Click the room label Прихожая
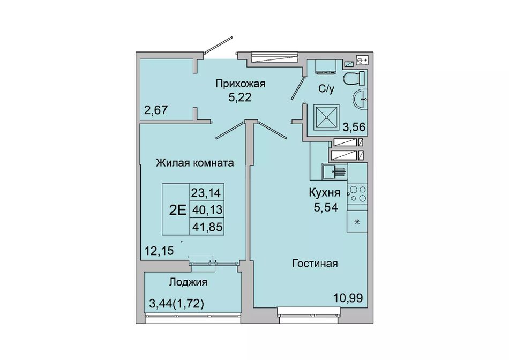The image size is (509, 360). [240, 84]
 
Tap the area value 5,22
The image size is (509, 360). [240, 97]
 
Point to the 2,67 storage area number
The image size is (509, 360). [156, 110]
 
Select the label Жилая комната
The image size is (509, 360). [195, 162]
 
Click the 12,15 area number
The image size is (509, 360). [159, 250]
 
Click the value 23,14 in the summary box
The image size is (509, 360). [206, 193]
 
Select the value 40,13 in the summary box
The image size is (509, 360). [207, 209]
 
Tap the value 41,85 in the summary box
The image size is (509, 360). [207, 227]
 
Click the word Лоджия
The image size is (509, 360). [188, 282]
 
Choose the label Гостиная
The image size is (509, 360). [315, 263]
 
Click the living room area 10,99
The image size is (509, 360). [348, 297]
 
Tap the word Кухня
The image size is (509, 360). [324, 193]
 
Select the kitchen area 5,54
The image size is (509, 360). [326, 207]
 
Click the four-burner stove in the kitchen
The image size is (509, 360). [357, 194]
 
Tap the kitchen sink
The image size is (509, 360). [335, 171]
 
